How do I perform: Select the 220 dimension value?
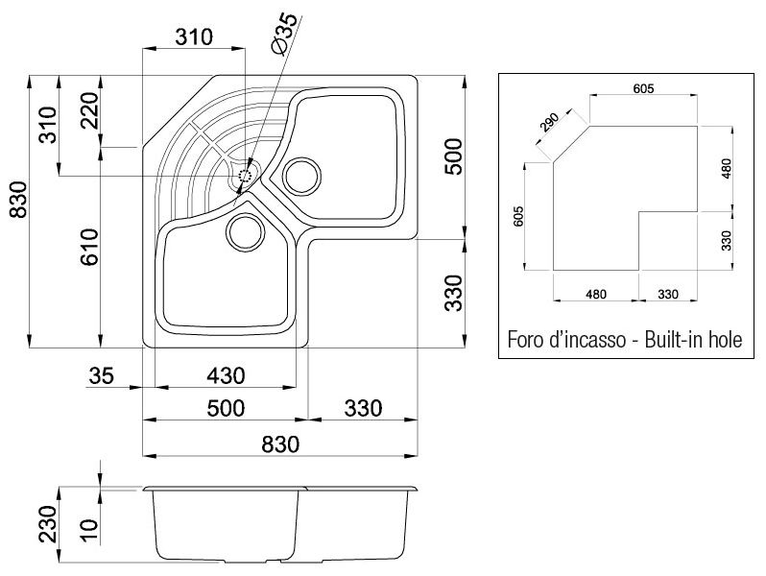pyautogui.click(x=90, y=110)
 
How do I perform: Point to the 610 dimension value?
pyautogui.click(x=90, y=247)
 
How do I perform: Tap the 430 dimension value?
pyautogui.click(x=226, y=375)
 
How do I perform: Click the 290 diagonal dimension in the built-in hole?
pyautogui.click(x=549, y=123)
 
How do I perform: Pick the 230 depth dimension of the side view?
pyautogui.click(x=48, y=524)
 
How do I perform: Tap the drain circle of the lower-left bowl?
pyautogui.click(x=245, y=232)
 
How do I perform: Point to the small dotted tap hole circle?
pyautogui.click(x=244, y=176)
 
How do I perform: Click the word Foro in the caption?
pyautogui.click(x=525, y=339)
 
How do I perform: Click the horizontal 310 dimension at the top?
pyautogui.click(x=194, y=37)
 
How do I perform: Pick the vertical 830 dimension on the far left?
pyautogui.click(x=19, y=200)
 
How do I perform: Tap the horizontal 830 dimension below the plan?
pyautogui.click(x=280, y=444)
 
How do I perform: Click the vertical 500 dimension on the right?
pyautogui.click(x=453, y=156)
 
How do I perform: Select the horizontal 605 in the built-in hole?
pyautogui.click(x=643, y=89)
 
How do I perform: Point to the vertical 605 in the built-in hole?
pyautogui.click(x=518, y=216)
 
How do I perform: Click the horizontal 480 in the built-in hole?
pyautogui.click(x=596, y=294)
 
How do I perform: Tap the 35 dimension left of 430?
pyautogui.click(x=101, y=375)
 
